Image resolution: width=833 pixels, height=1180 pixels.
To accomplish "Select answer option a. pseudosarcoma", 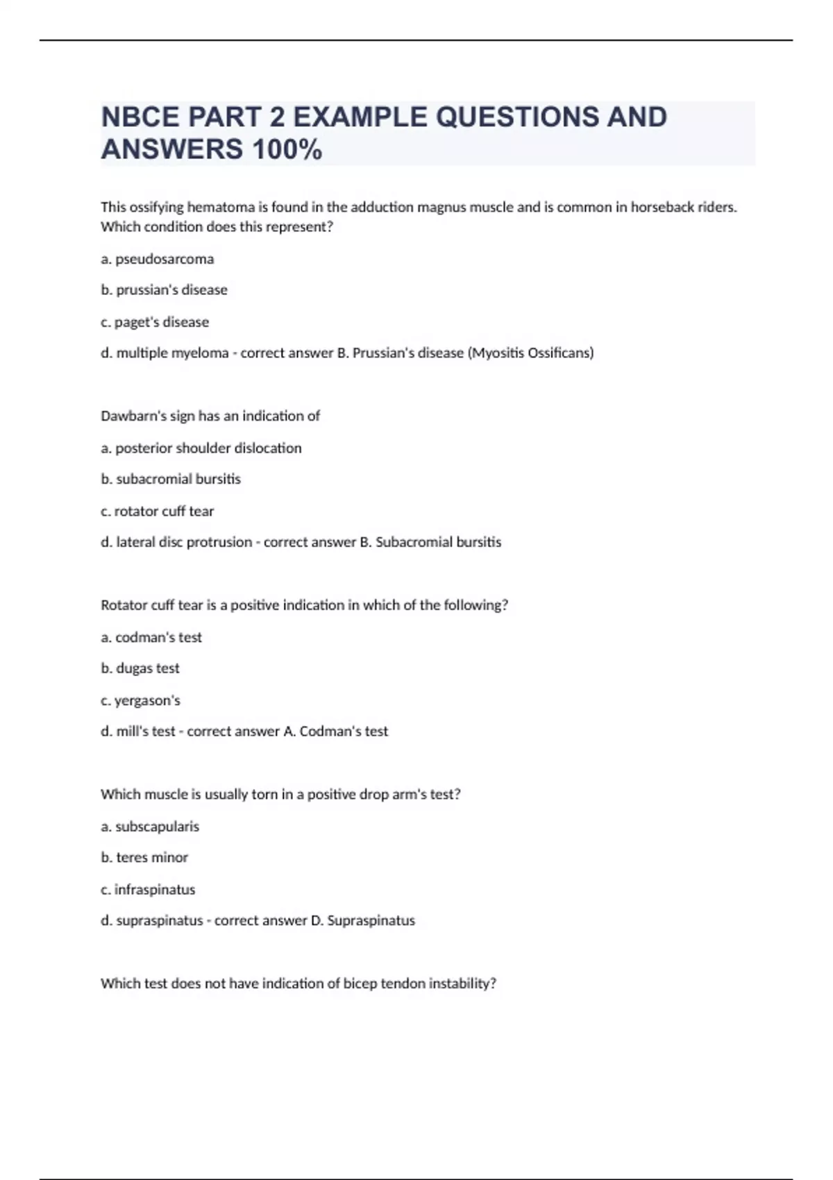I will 158,259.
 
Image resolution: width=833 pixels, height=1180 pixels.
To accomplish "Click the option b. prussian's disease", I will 165,289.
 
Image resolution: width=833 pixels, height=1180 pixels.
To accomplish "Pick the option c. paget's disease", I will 155,322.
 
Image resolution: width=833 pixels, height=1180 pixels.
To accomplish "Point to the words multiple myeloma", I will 172,353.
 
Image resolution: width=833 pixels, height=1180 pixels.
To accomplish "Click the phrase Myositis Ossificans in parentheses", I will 531,353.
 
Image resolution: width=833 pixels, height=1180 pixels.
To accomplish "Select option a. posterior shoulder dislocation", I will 201,448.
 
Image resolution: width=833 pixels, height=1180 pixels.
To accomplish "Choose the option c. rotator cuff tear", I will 158,511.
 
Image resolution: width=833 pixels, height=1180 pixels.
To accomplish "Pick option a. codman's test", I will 151,637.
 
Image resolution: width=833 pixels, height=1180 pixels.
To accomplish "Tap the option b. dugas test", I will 140,668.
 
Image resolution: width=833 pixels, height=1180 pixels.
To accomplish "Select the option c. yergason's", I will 141,700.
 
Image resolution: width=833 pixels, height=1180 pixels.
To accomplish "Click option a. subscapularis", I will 150,826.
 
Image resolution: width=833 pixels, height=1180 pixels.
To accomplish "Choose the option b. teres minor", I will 144,857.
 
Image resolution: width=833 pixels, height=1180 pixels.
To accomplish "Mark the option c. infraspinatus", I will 148,889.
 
